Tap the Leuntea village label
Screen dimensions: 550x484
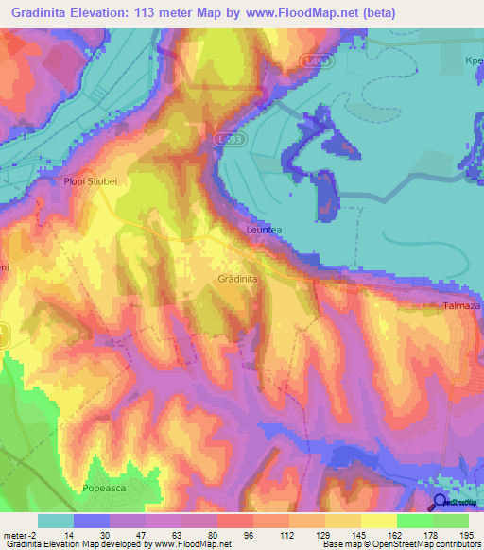tap(264, 230)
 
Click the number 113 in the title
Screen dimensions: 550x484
tap(172, 12)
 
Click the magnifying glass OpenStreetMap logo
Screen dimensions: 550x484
tap(441, 503)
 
